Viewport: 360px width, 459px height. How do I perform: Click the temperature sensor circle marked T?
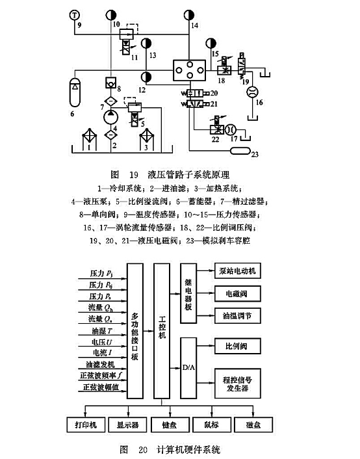[75, 14]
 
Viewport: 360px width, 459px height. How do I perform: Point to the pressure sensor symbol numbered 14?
[189, 14]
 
